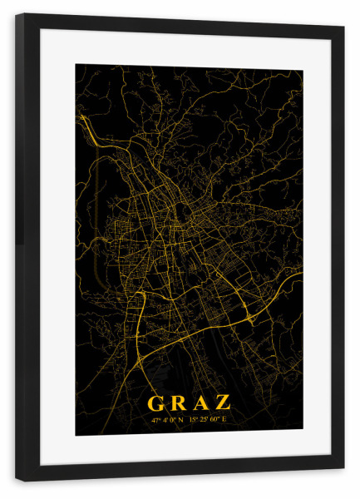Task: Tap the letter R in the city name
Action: click(178, 403)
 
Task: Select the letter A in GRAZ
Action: click(200, 403)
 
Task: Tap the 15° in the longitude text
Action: click(193, 420)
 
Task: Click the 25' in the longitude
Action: click(203, 420)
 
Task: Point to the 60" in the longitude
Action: click(215, 420)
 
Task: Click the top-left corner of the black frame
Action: click(17, 14)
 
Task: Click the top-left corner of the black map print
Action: click(76, 65)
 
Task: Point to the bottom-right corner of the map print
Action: click(302, 434)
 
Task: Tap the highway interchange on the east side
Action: click(249, 317)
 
